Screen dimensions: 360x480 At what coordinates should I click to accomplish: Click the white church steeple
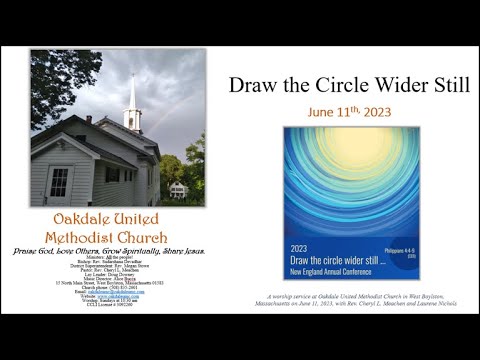click(133, 100)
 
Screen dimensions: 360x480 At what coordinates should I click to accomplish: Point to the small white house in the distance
click(178, 189)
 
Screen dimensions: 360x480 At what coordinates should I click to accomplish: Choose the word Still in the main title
click(448, 84)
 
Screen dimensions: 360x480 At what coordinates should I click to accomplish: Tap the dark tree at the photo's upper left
click(55, 80)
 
